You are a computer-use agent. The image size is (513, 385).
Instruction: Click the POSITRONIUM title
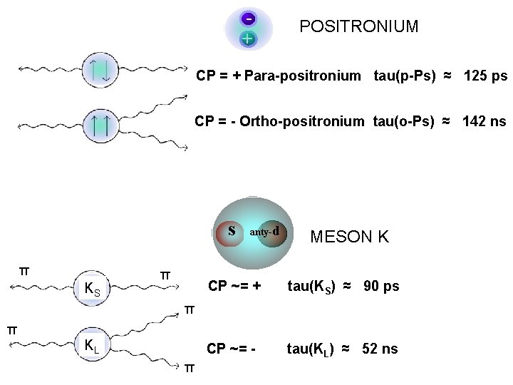(x=358, y=27)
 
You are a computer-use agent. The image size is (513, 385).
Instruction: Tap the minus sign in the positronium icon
(x=247, y=18)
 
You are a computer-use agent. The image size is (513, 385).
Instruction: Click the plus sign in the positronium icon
(x=247, y=38)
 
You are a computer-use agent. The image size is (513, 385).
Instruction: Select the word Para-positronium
(x=302, y=76)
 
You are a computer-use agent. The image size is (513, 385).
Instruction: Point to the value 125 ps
(x=485, y=76)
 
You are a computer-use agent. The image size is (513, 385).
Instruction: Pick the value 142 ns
(x=484, y=121)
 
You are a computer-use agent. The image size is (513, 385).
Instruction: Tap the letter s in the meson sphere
(x=232, y=230)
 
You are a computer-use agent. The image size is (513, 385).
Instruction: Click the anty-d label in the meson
(x=268, y=231)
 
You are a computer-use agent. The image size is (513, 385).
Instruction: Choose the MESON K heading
(x=349, y=237)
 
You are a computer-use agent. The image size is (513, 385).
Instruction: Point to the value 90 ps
(x=381, y=287)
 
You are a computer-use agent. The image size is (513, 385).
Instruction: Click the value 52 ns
(x=380, y=349)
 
